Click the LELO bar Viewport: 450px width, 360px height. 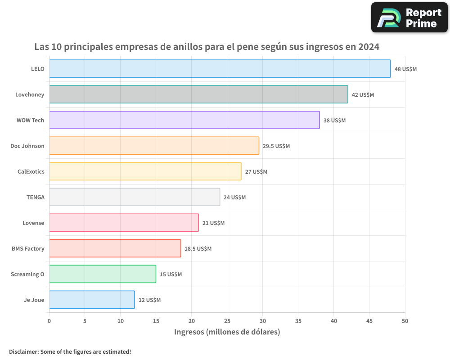pos(220,69)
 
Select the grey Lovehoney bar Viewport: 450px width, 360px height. pos(198,94)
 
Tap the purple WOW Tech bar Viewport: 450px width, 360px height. pos(184,120)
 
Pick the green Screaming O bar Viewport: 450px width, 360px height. pos(103,274)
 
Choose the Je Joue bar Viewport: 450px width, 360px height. pos(92,300)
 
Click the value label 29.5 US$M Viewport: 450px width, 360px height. pos(276,146)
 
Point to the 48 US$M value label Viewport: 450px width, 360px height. pos(405,69)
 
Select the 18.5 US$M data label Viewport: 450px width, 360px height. pos(198,248)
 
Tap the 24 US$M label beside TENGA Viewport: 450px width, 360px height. pos(235,197)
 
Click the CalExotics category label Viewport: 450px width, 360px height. pos(31,171)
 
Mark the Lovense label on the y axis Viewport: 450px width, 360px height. pos(33,223)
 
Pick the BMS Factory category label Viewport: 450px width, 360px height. pos(28,248)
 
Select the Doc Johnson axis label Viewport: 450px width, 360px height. pos(27,146)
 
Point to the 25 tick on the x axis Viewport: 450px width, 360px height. pos(227,321)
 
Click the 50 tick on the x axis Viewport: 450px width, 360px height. pos(405,321)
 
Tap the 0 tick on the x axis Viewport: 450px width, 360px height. pos(49,321)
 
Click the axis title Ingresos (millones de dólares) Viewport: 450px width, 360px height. pos(227,332)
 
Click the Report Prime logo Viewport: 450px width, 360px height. pos(409,18)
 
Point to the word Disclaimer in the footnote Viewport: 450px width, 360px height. pos(23,352)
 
